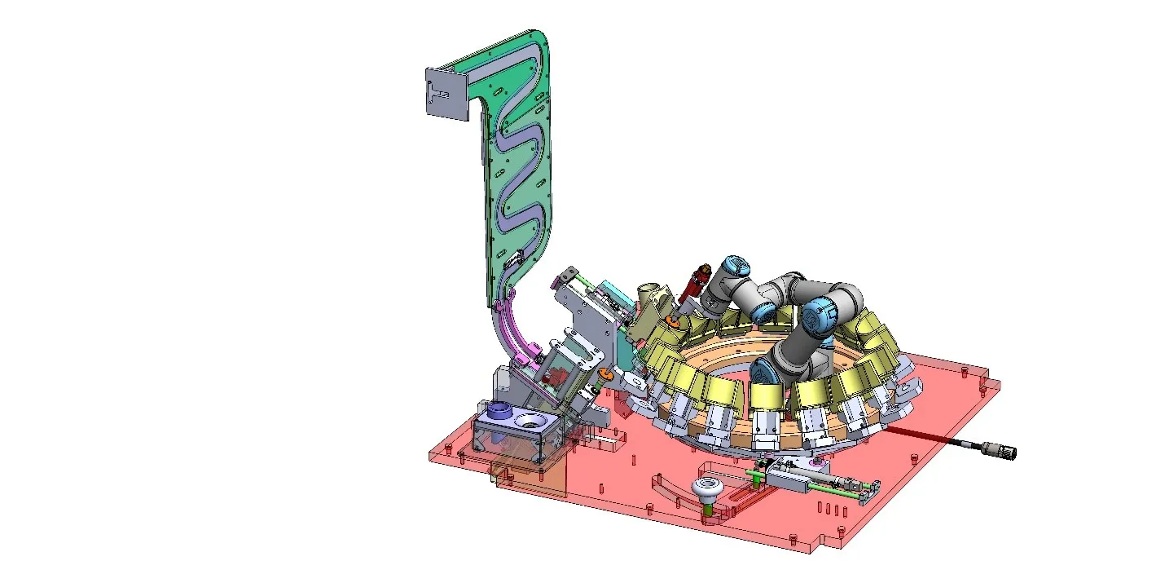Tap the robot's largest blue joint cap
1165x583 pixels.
(816, 315)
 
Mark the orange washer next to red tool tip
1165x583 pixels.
(673, 321)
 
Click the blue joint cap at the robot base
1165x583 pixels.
(766, 374)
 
